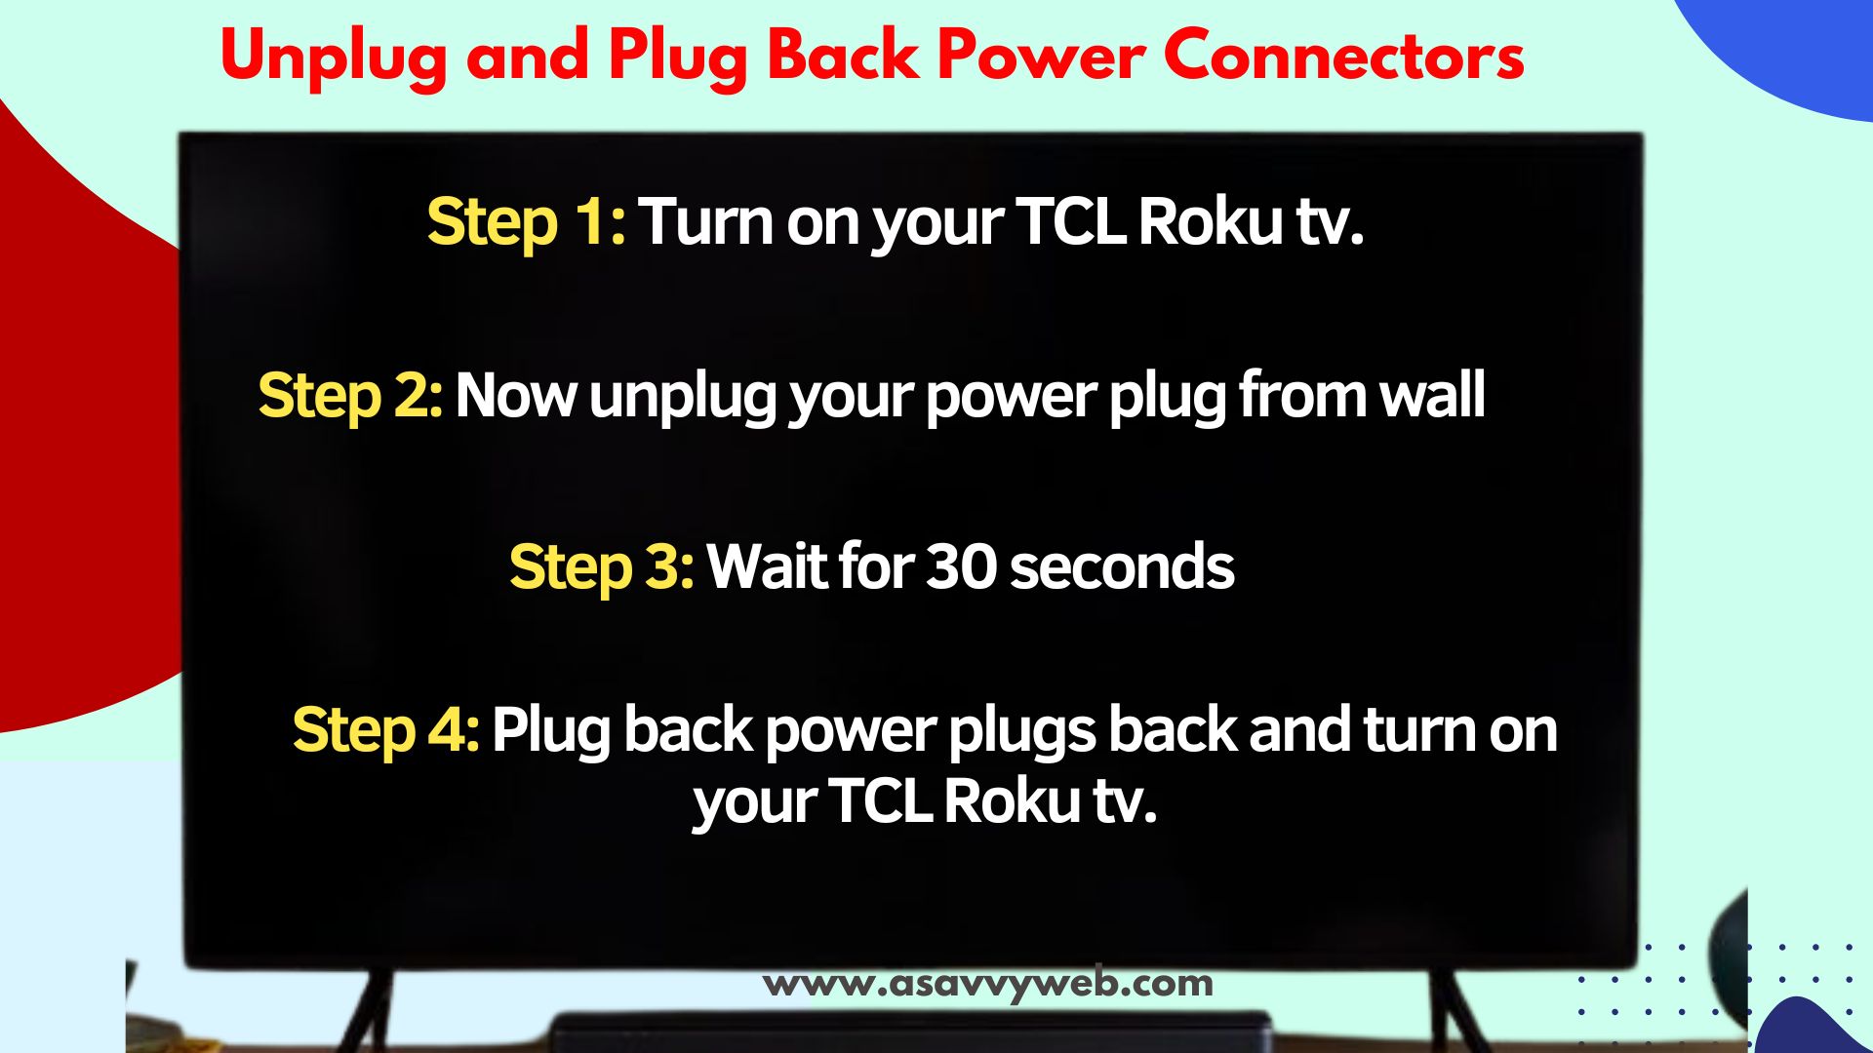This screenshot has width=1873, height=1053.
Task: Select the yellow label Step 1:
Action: (x=526, y=223)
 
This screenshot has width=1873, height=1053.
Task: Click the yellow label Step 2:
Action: (x=350, y=397)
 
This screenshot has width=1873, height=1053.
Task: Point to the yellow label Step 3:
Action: (x=602, y=568)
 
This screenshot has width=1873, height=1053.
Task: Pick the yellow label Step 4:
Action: (x=386, y=730)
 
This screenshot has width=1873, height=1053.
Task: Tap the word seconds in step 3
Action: (x=1122, y=567)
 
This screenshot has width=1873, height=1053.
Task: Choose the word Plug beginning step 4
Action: (x=551, y=732)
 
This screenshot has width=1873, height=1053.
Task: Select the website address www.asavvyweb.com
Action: (x=987, y=983)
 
